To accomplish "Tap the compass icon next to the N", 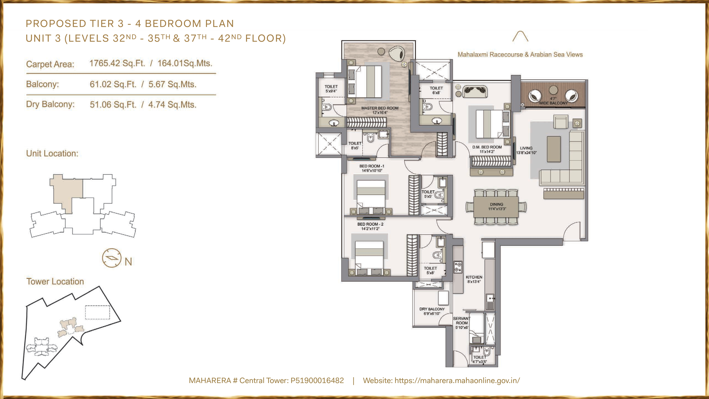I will [x=111, y=258].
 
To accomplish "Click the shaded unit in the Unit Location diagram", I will [x=66, y=190].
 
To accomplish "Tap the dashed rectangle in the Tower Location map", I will [x=97, y=312].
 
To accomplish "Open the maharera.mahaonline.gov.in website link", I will [x=457, y=381].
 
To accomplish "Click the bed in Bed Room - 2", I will [x=369, y=256].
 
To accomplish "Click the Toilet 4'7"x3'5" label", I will [x=479, y=359].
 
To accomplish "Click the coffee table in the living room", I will [x=554, y=149].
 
